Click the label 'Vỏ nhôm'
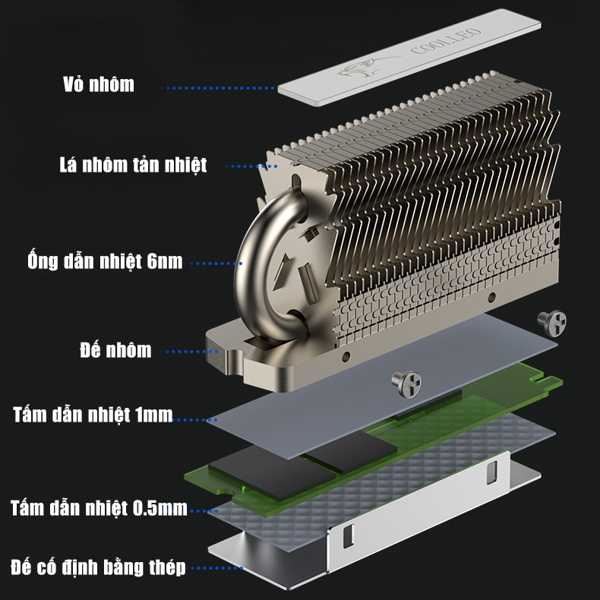pos(99,84)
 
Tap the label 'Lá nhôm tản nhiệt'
pos(133,165)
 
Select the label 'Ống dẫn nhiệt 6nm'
pos(105,261)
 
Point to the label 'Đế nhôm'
pos(115,349)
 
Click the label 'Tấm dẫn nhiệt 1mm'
pos(93,415)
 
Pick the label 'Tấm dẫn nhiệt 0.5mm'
pos(99,508)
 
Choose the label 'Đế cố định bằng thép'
pos(98,567)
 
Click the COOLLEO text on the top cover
pos(445,40)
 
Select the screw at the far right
pos(552,323)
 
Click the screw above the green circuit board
pos(406,384)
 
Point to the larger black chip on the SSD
pos(272,472)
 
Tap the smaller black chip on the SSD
pos(352,453)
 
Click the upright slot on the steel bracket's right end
pos(491,472)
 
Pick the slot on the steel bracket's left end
pos(348,535)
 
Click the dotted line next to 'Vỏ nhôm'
pos(218,88)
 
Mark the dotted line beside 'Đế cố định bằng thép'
pos(217,568)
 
